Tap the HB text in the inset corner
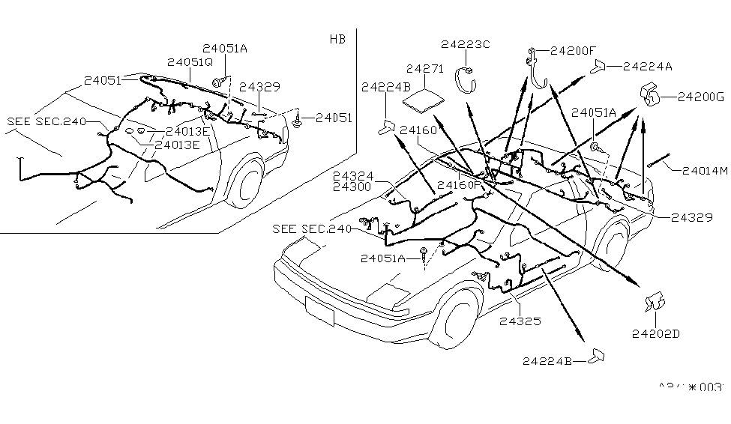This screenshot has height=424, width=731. [x=337, y=39]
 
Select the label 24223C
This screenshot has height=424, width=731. [x=465, y=44]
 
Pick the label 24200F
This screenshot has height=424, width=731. [x=573, y=51]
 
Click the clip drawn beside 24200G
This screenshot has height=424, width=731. [x=650, y=95]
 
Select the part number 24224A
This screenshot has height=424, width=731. [x=647, y=67]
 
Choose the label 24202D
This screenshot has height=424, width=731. [x=655, y=334]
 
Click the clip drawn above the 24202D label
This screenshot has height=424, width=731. [x=655, y=302]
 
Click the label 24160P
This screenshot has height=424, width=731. [x=457, y=184]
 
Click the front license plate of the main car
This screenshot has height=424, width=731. [x=319, y=309]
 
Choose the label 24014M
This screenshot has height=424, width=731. [x=705, y=171]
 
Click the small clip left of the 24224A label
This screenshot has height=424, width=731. [x=600, y=68]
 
